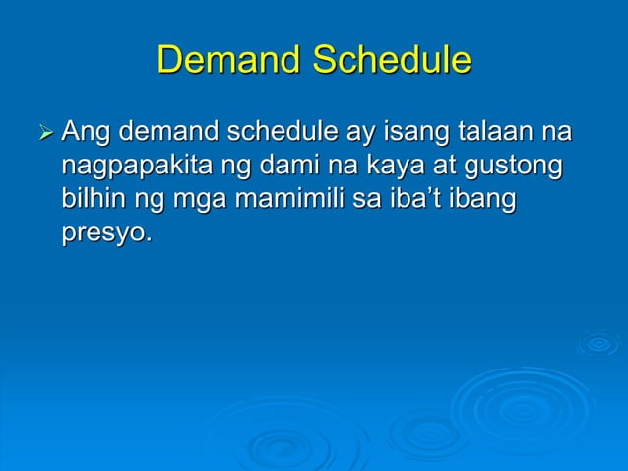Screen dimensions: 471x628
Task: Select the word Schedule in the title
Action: (392, 61)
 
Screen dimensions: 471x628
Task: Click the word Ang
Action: (87, 132)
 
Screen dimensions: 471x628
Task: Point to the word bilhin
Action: (90, 200)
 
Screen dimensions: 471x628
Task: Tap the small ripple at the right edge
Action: (597, 343)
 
